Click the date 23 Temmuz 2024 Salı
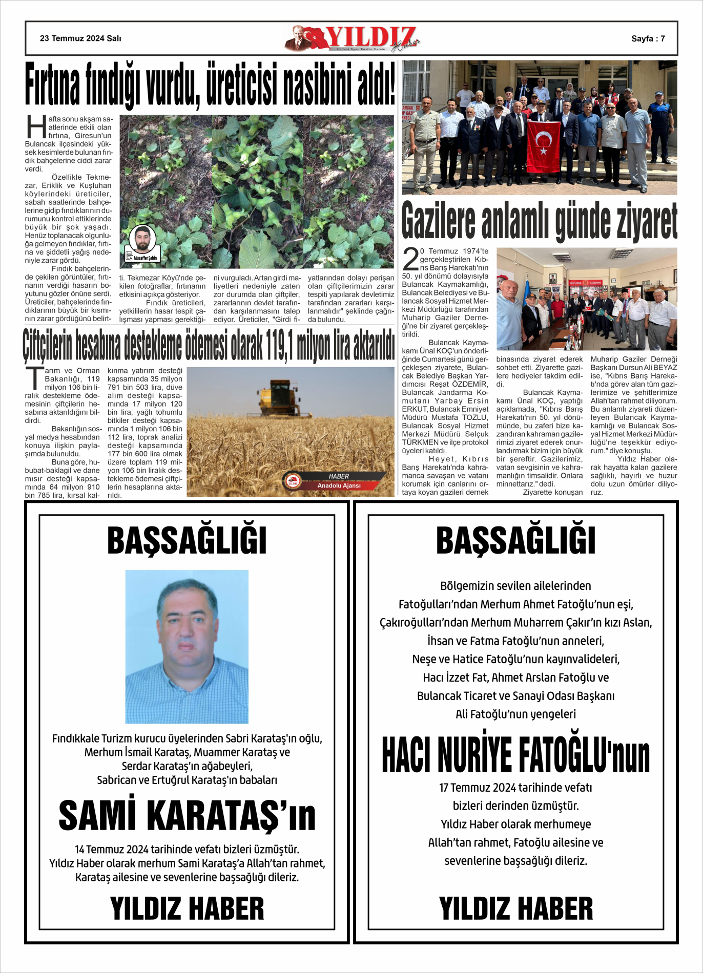click(80, 38)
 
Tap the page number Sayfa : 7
click(648, 38)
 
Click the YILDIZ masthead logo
click(353, 38)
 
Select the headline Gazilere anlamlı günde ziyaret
click(539, 221)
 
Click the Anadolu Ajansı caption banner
click(339, 485)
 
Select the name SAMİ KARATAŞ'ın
click(187, 815)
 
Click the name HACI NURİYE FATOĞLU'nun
click(515, 755)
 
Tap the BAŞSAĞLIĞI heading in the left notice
click(187, 541)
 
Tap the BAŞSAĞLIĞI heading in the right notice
click(515, 541)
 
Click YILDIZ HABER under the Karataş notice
click(187, 908)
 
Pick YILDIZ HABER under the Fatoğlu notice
click(515, 908)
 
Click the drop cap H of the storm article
click(36, 126)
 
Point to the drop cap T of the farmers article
click(34, 378)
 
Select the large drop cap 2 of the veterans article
click(410, 259)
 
